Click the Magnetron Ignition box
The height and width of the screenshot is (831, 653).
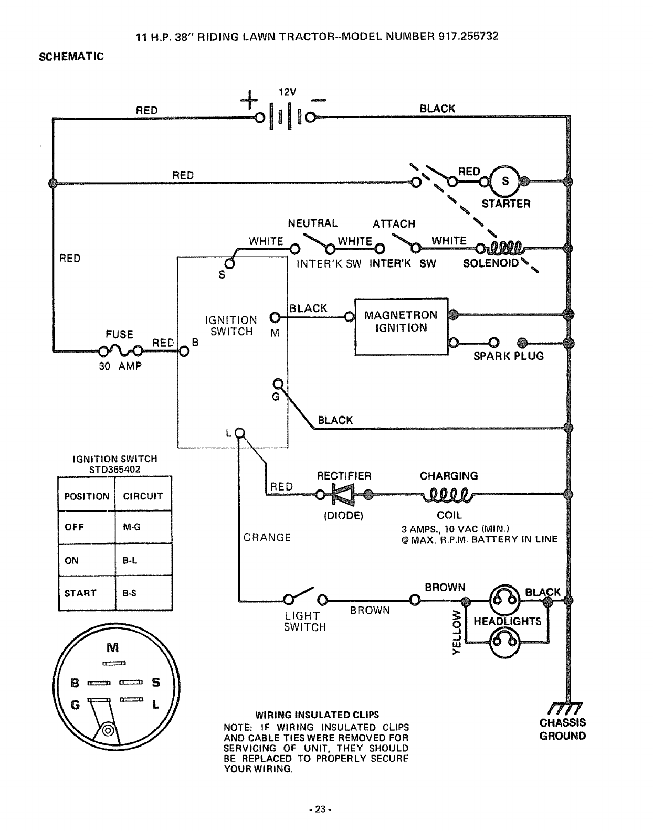(x=402, y=326)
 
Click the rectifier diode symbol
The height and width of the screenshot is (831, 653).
(x=343, y=494)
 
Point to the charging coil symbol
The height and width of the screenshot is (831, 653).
(x=449, y=494)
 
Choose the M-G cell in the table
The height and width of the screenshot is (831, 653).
(x=132, y=527)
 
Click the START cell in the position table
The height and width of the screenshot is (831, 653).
(x=81, y=593)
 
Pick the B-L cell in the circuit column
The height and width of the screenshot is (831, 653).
(x=130, y=560)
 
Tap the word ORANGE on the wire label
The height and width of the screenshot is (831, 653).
(x=267, y=537)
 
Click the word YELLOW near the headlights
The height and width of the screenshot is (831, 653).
(x=457, y=632)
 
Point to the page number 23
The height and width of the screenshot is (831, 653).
(x=321, y=809)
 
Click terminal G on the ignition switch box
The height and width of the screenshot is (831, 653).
(x=278, y=383)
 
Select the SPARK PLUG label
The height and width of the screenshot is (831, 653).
(x=508, y=356)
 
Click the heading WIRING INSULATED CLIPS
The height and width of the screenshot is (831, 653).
(x=317, y=715)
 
